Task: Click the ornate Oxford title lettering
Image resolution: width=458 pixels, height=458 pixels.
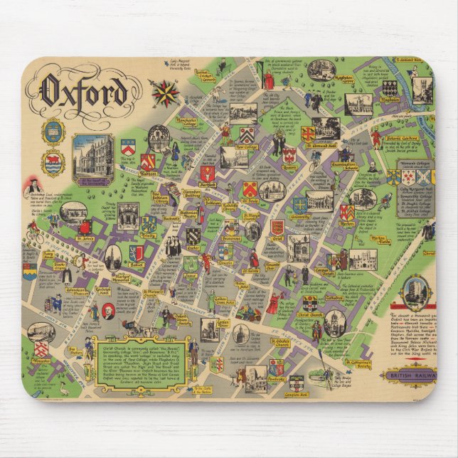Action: point(85,91)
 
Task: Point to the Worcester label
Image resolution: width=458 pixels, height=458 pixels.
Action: point(42,362)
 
